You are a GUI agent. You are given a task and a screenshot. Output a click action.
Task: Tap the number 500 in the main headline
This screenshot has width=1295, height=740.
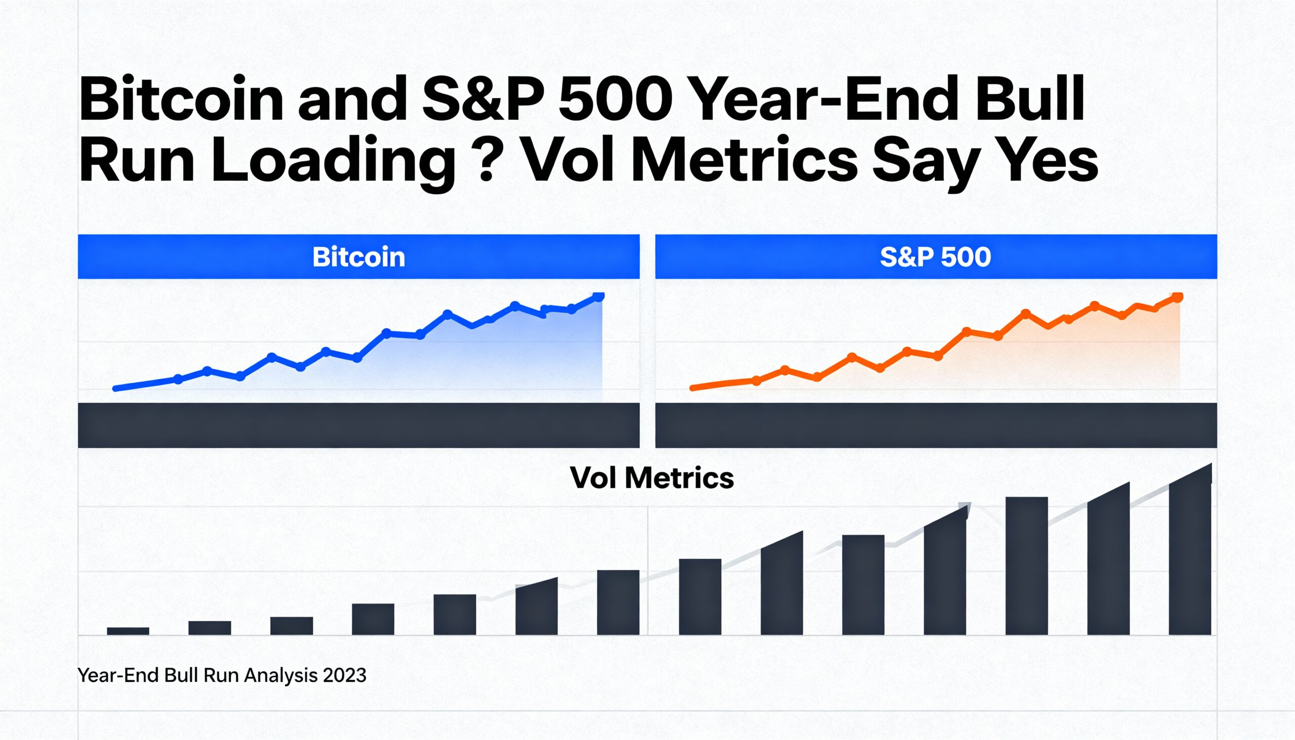pyautogui.click(x=616, y=99)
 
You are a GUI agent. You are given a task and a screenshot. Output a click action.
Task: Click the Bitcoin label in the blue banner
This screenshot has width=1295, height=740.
pyautogui.click(x=359, y=256)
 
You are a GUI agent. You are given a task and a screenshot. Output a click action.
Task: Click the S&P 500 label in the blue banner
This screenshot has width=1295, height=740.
pyautogui.click(x=935, y=256)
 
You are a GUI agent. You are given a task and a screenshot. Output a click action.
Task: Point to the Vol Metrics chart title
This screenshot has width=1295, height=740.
pyautogui.click(x=652, y=478)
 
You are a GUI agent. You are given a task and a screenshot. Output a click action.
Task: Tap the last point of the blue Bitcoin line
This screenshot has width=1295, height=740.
pyautogui.click(x=599, y=296)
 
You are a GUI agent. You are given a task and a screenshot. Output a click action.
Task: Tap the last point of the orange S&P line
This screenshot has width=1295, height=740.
pyautogui.click(x=1177, y=297)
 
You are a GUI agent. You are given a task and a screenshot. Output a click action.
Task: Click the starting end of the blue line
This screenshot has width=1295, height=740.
pyautogui.click(x=116, y=388)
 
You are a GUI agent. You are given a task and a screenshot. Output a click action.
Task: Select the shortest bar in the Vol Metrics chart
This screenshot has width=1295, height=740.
pyautogui.click(x=128, y=631)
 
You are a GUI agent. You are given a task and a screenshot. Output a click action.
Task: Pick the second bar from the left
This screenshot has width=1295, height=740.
pyautogui.click(x=209, y=628)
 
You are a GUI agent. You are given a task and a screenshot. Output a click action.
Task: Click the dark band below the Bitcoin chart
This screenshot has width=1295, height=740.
pyautogui.click(x=359, y=425)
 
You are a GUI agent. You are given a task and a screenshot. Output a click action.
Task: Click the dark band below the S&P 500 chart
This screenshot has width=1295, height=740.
pyautogui.click(x=935, y=425)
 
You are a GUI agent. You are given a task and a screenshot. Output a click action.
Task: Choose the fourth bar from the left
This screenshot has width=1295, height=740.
pyautogui.click(x=373, y=619)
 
